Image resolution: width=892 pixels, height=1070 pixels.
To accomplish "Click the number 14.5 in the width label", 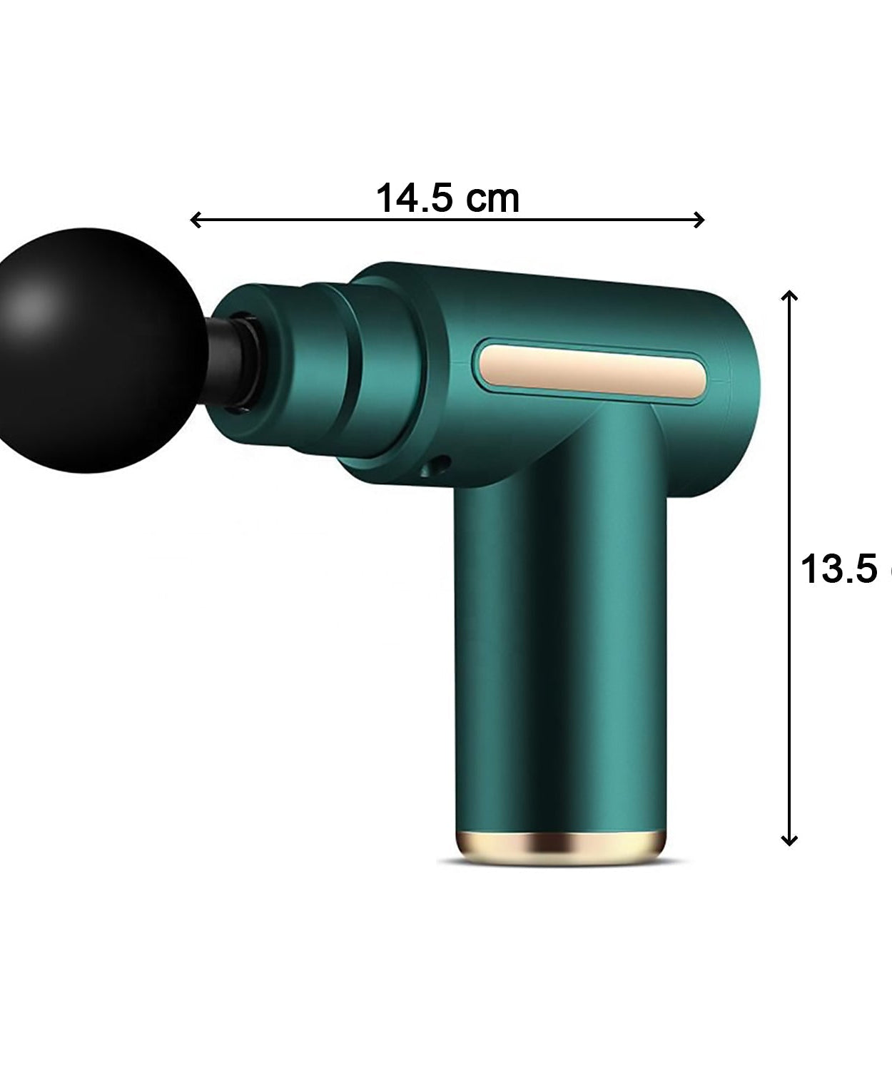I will pyautogui.click(x=414, y=198).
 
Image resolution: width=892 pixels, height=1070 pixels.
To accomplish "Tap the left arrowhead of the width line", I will pyautogui.click(x=195, y=220).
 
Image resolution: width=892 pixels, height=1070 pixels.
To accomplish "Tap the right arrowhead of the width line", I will pyautogui.click(x=700, y=220).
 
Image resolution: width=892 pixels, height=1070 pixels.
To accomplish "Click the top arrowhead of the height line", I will pyautogui.click(x=789, y=295).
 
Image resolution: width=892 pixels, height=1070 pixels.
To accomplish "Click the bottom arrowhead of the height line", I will pyautogui.click(x=789, y=840).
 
